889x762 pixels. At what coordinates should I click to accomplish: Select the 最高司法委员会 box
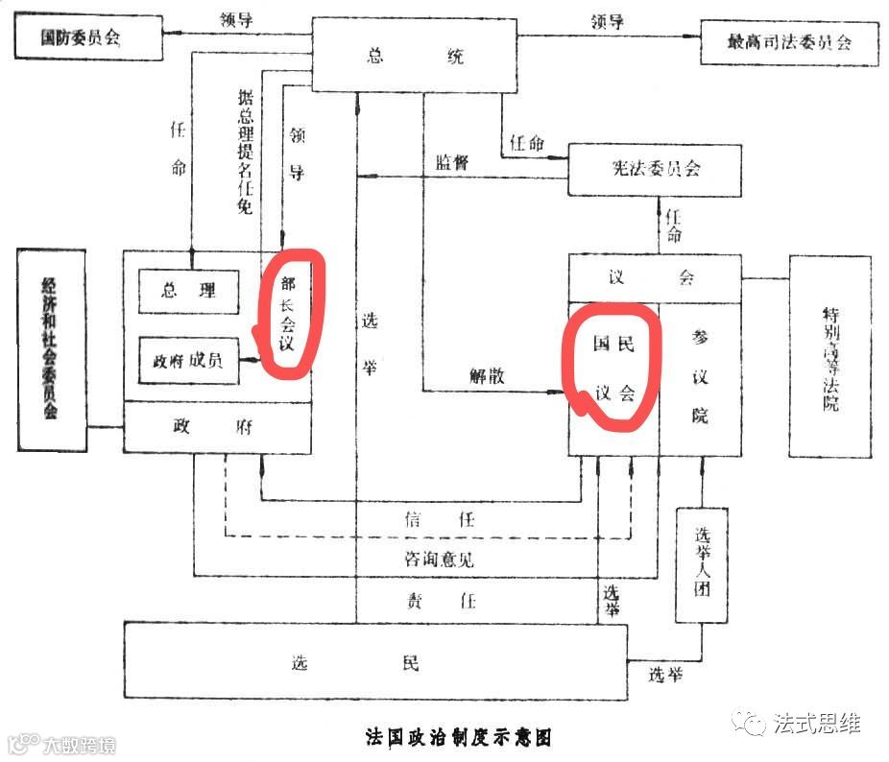click(x=789, y=42)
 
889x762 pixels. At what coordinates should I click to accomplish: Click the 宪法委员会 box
click(x=655, y=169)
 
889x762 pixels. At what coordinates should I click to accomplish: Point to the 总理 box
click(x=188, y=291)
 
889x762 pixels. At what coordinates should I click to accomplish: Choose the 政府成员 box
click(x=188, y=361)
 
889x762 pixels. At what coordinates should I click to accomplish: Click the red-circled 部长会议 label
click(x=287, y=313)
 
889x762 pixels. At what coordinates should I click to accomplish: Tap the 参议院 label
click(x=701, y=376)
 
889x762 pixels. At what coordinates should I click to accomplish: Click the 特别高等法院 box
click(x=829, y=357)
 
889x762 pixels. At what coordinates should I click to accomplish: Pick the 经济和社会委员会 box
click(x=51, y=349)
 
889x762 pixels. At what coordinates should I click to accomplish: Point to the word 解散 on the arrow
click(x=487, y=376)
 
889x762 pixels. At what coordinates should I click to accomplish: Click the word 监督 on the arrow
click(x=452, y=163)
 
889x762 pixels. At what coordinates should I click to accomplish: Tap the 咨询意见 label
click(x=438, y=558)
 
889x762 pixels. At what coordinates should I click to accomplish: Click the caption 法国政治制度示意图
click(x=459, y=737)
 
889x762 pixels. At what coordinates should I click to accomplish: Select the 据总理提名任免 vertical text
click(x=246, y=151)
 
